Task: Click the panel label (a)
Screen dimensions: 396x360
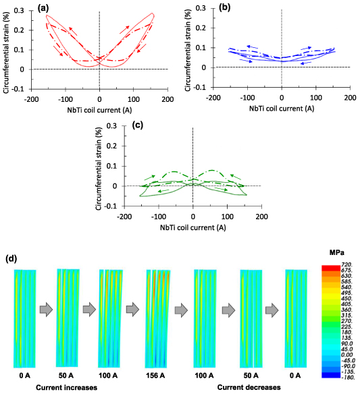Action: (42, 9)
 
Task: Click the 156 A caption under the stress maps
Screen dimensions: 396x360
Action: (157, 373)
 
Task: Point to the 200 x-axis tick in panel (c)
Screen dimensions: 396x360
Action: (261, 217)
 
